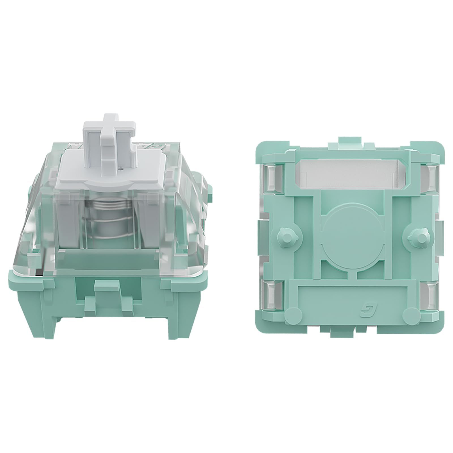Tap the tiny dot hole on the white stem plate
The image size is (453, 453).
point(121,168)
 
